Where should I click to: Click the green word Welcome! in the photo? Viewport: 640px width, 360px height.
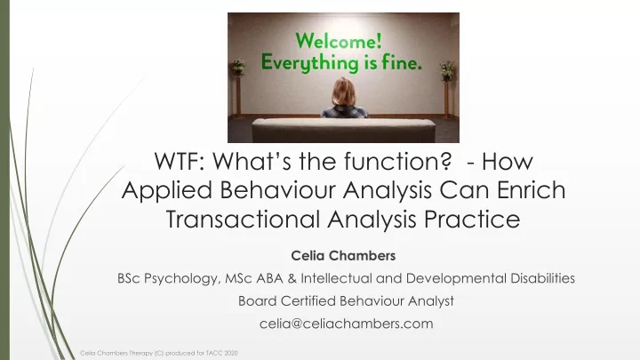(339, 41)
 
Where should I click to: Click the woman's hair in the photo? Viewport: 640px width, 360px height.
(344, 92)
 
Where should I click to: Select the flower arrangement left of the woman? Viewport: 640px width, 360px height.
(238, 68)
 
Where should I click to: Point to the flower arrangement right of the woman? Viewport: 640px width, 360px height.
(447, 70)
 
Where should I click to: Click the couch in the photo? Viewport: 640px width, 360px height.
(344, 130)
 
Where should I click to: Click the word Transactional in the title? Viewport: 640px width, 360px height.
(243, 219)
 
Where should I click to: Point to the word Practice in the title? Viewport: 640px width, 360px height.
(472, 219)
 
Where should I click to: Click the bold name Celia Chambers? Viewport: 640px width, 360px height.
(343, 256)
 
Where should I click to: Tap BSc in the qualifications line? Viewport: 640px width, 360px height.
(129, 278)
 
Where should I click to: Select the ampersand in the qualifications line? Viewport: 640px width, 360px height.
(292, 278)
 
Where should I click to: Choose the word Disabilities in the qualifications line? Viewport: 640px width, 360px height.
(542, 278)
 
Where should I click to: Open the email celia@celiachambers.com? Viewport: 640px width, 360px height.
(346, 324)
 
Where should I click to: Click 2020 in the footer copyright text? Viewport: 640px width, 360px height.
(230, 353)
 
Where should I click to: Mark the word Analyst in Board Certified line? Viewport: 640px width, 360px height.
(431, 301)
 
